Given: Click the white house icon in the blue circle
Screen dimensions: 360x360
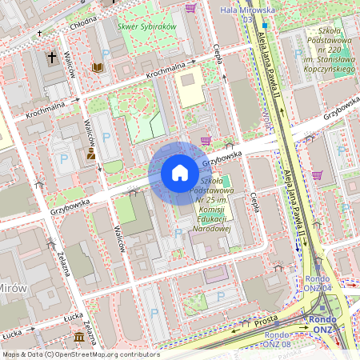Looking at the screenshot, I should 180,173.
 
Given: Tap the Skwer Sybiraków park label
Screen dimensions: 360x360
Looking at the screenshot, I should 146,26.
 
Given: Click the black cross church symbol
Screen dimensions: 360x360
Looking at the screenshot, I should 53,58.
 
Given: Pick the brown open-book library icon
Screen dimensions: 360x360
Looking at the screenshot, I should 98,69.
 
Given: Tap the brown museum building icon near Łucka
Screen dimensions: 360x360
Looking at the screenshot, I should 79,338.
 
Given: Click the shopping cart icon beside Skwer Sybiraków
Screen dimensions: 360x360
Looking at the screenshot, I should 190,8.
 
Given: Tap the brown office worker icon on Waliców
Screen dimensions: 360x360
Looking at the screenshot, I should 91,153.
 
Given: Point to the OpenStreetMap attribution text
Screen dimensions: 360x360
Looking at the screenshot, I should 70,354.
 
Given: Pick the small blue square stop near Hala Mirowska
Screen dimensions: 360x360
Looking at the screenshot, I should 263,26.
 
